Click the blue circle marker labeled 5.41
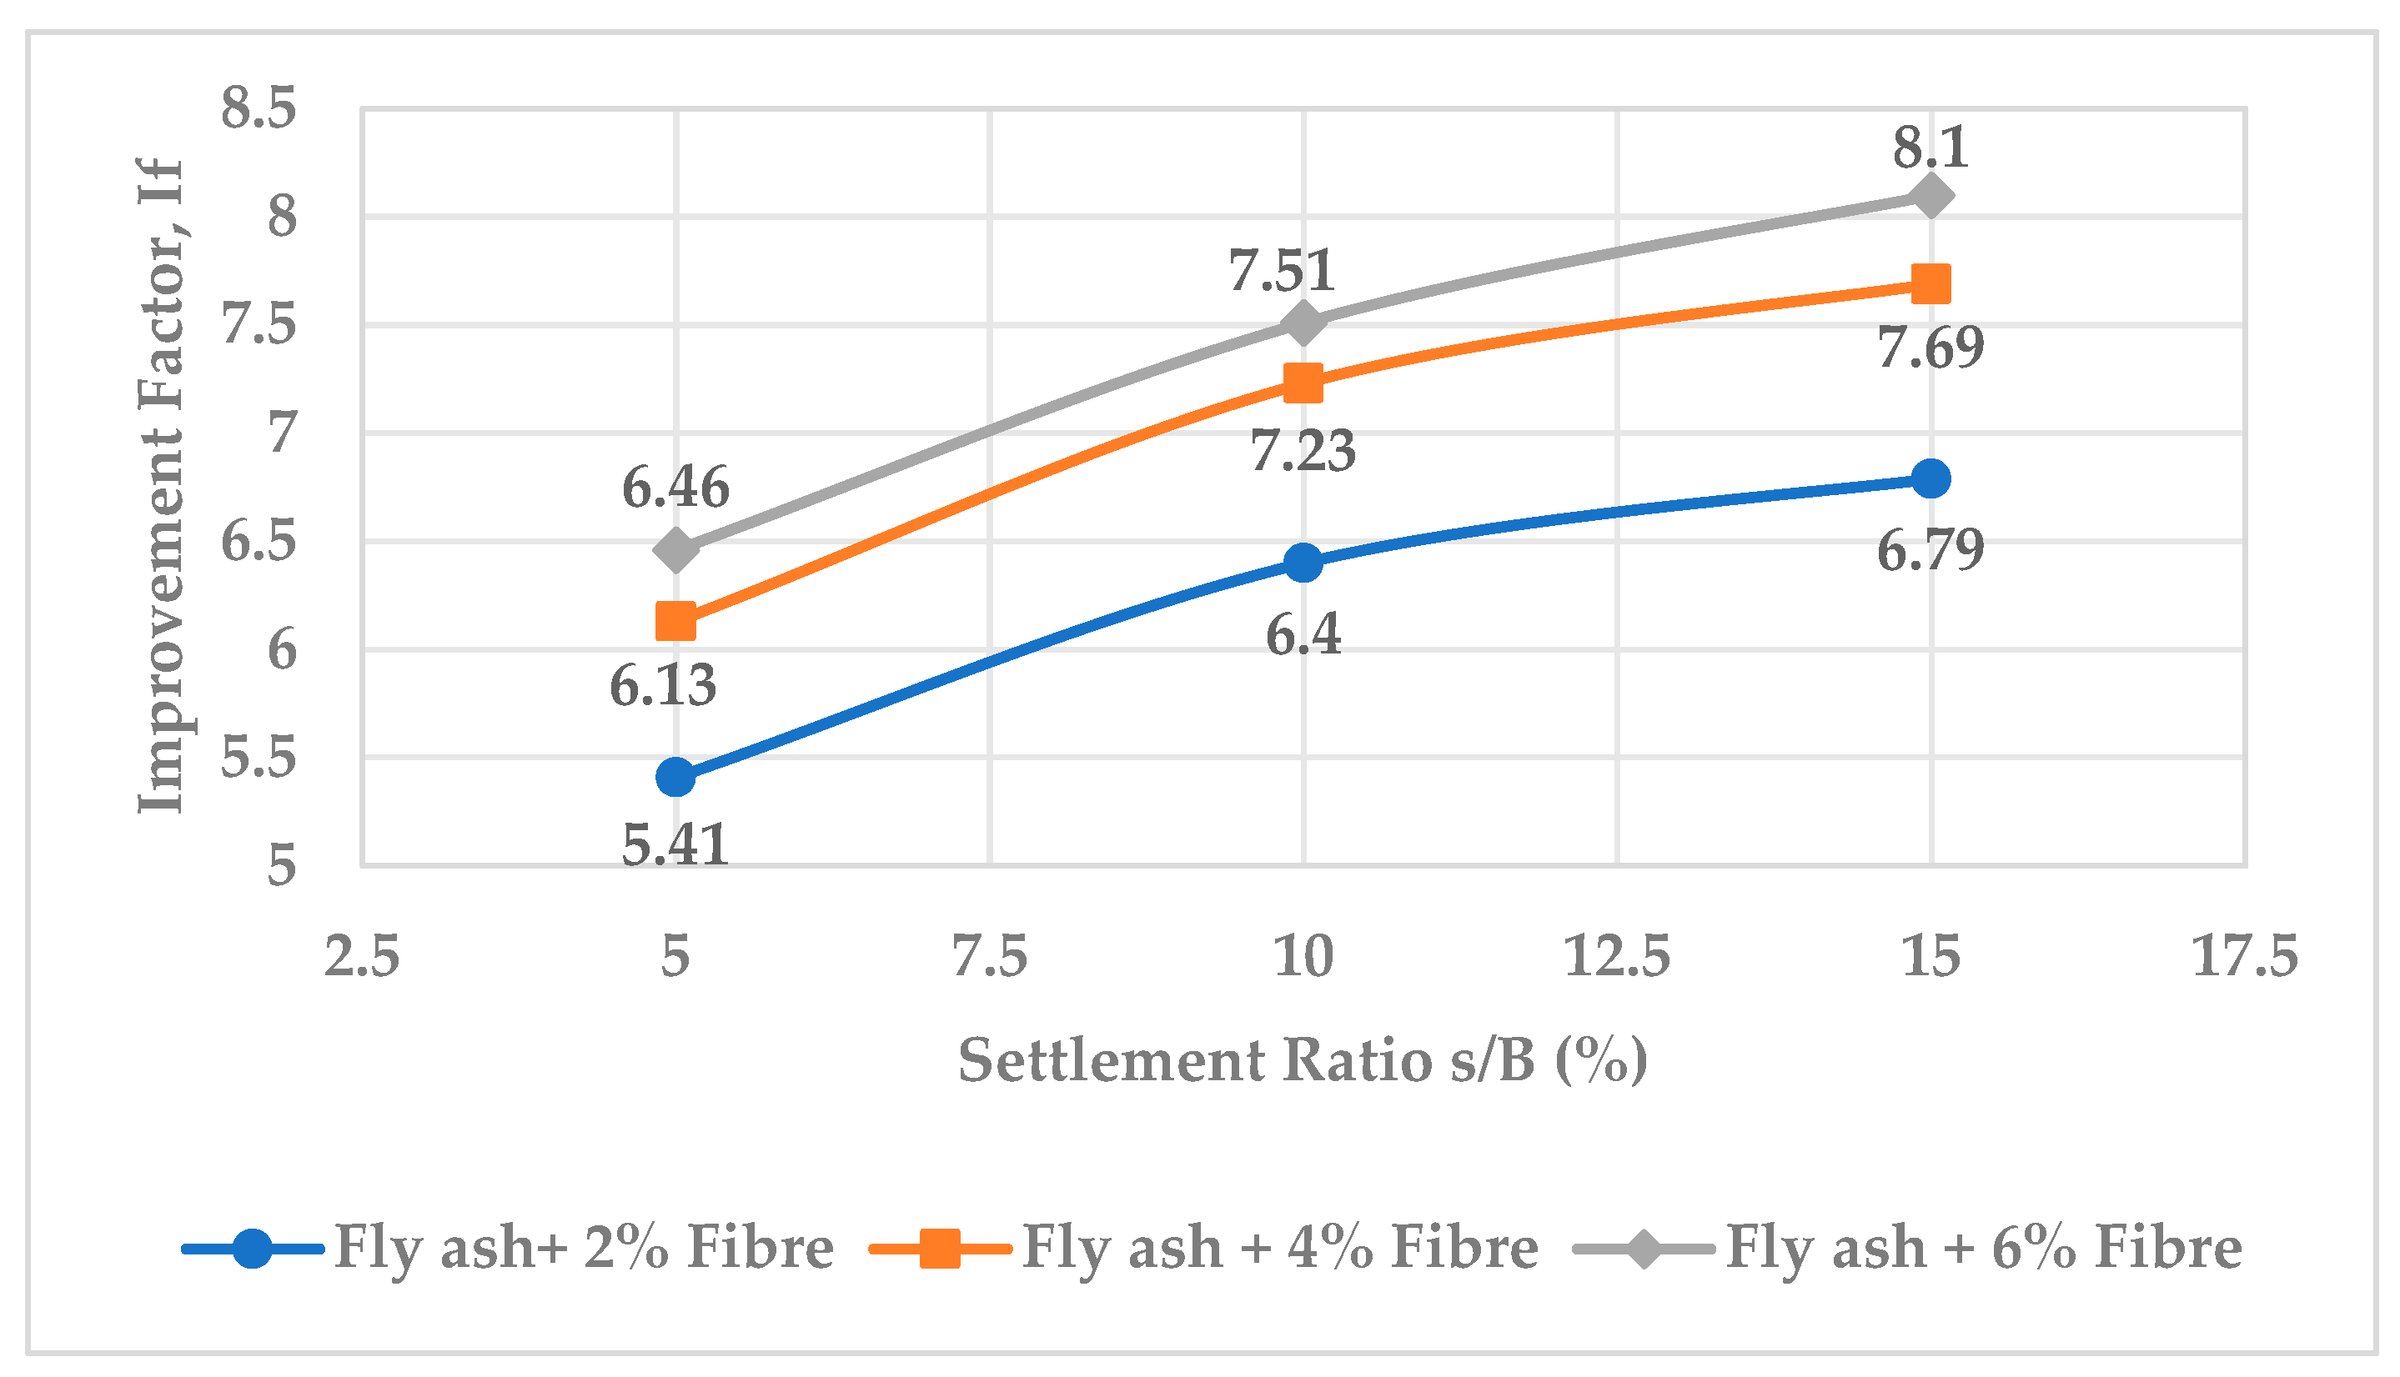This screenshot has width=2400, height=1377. (x=675, y=777)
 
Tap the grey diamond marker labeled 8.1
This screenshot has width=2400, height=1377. (x=1931, y=196)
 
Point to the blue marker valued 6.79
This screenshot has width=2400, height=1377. (x=1931, y=478)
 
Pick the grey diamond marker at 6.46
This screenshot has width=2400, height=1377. (x=675, y=549)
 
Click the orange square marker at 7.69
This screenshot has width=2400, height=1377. (x=1931, y=283)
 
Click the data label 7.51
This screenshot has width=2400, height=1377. (x=1282, y=270)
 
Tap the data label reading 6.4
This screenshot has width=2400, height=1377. (x=1303, y=634)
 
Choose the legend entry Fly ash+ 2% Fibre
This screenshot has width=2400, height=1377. (x=508, y=1248)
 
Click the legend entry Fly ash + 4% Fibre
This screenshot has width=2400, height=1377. (x=1204, y=1248)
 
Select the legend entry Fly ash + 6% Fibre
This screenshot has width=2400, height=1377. (x=1908, y=1248)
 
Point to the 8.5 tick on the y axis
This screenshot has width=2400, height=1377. (x=259, y=108)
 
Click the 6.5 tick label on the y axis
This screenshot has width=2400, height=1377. (x=259, y=542)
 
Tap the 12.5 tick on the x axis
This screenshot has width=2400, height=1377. (x=1617, y=956)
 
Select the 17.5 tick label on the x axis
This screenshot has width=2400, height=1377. (x=2245, y=956)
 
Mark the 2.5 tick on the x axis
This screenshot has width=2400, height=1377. (x=361, y=956)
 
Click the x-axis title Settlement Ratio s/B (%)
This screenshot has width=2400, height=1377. (x=1303, y=1061)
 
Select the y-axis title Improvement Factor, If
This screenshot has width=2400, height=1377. (x=161, y=485)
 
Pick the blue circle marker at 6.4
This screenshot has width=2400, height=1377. (x=1303, y=563)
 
